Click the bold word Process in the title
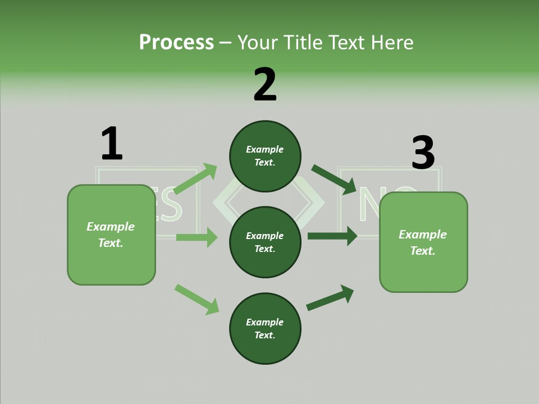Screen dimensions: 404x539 pos(176,43)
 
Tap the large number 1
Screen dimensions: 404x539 pos(112,144)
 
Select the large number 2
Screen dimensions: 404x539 pos(265,85)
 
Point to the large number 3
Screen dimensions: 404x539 pos(423,153)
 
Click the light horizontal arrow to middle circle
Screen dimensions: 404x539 pos(197,237)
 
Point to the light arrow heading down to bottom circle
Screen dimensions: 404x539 pos(197,299)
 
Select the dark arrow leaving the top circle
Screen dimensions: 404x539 pos(334,179)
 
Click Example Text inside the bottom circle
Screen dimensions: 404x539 pos(264,329)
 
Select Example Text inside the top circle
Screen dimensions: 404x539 pos(264,156)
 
